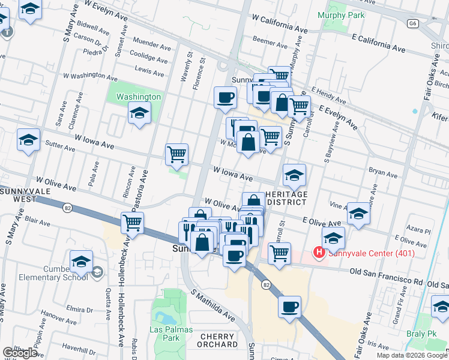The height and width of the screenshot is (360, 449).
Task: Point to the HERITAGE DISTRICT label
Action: point(286,199)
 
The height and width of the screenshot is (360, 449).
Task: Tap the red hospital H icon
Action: point(319,253)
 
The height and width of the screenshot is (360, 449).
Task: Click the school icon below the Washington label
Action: point(139,113)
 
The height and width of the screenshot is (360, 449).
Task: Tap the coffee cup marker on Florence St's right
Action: point(225,98)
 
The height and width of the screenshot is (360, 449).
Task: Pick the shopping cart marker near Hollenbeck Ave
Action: point(132,223)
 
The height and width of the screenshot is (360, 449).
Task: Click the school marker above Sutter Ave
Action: point(28,140)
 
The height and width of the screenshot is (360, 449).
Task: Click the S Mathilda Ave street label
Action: point(214,304)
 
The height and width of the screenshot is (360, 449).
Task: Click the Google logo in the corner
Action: point(20,353)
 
